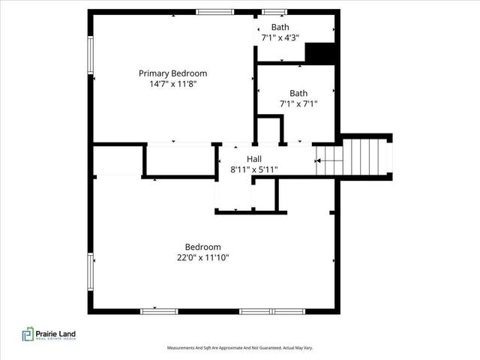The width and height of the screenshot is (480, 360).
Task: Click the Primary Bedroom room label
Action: (x=172, y=73)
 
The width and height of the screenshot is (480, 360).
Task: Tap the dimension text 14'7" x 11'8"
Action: (x=172, y=85)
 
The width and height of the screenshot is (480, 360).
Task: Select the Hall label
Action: (x=254, y=159)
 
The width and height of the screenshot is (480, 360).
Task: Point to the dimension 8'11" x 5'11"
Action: (x=254, y=169)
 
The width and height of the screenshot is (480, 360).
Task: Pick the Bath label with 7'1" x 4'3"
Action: (x=280, y=27)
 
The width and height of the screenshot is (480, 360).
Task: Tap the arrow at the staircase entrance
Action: (x=320, y=159)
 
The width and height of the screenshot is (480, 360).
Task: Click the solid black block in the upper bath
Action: (x=319, y=53)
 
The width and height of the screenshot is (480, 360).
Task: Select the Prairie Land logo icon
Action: (x=27, y=334)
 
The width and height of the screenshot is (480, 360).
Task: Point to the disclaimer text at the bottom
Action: (x=239, y=348)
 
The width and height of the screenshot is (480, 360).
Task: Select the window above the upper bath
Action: (x=274, y=11)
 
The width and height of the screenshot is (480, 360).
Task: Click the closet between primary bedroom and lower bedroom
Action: (x=181, y=160)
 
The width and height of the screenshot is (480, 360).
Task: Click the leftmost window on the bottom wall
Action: (x=154, y=310)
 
